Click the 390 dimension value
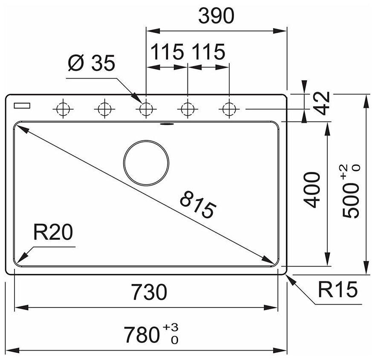[x=216, y=16]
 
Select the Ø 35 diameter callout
[x=91, y=64]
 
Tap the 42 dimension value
[x=323, y=103]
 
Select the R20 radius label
[x=53, y=233]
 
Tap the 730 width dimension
[x=148, y=292]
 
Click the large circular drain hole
[x=146, y=163]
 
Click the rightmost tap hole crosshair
[x=229, y=109]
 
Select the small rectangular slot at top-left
[x=22, y=105]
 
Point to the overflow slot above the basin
[x=166, y=124]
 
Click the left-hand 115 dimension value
[x=167, y=52]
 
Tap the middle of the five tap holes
[x=146, y=109]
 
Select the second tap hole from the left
[x=104, y=109]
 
